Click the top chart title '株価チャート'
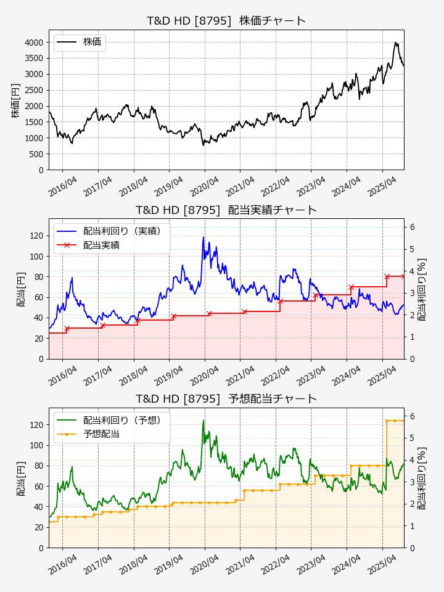click(x=226, y=20)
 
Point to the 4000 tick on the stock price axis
click(x=34, y=42)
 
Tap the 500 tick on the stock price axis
click(x=36, y=154)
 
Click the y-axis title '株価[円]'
click(x=15, y=99)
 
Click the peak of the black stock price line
click(x=395, y=43)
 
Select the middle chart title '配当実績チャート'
click(x=226, y=210)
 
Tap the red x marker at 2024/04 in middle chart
click(x=351, y=287)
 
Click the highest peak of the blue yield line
click(x=203, y=237)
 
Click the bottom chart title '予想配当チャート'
click(x=226, y=398)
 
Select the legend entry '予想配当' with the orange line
click(x=101, y=434)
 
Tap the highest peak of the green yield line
click(x=203, y=421)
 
